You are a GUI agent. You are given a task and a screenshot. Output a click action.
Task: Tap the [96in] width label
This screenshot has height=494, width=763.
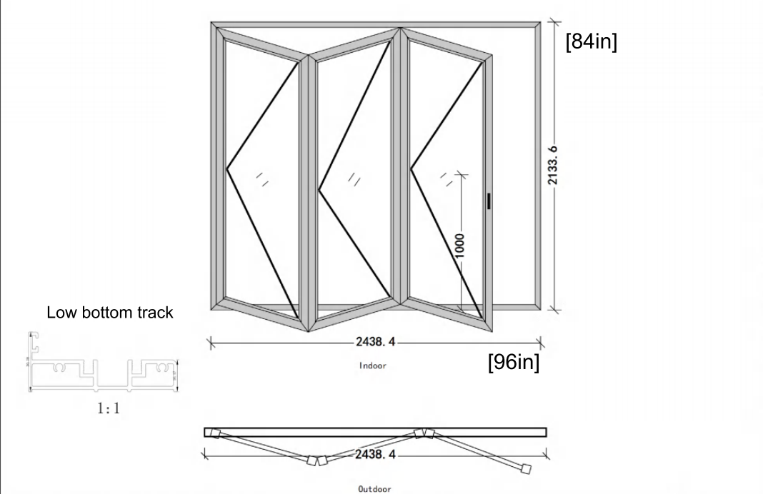[x=513, y=362]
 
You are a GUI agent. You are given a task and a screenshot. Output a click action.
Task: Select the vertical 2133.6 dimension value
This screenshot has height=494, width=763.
[x=552, y=166]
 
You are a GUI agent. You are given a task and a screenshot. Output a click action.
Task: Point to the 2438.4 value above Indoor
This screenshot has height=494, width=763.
[x=374, y=342]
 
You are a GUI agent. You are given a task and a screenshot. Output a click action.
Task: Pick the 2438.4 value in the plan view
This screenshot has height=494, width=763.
[x=374, y=453]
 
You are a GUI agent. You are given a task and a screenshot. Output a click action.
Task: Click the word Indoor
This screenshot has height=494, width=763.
[x=373, y=366]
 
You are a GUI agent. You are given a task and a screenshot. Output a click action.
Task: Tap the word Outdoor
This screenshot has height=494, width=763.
[x=374, y=489]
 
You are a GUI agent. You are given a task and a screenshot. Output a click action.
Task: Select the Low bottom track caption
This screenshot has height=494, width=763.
[x=110, y=313]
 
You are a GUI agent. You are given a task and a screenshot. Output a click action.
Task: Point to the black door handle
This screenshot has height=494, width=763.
[x=489, y=201]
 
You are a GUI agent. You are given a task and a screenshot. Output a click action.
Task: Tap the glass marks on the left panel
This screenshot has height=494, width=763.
[x=261, y=179]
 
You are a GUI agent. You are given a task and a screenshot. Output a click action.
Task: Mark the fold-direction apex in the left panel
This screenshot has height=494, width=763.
[x=227, y=169]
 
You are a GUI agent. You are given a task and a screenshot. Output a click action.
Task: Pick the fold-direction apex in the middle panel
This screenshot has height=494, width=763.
[x=319, y=190]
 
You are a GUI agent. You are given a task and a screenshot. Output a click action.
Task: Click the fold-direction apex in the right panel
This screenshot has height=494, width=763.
[x=411, y=169]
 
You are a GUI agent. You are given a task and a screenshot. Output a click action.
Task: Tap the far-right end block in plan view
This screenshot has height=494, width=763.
[x=527, y=469]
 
